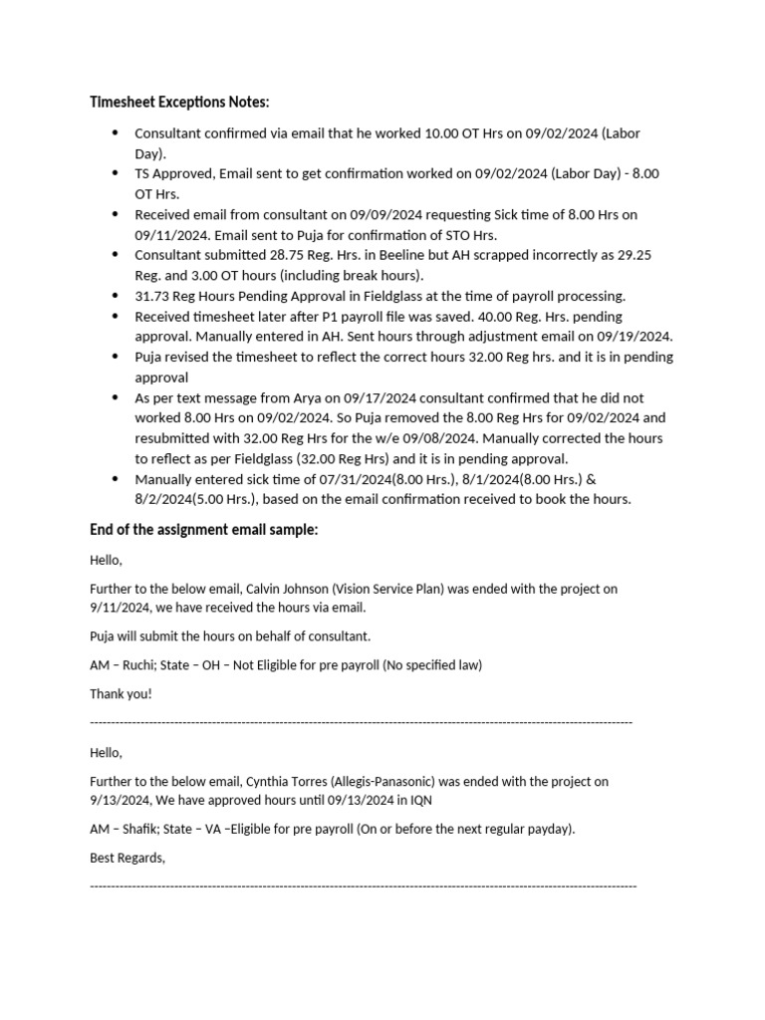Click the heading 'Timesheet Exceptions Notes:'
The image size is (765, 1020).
(179, 103)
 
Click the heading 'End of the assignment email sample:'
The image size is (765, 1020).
(204, 530)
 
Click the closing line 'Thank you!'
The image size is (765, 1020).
(121, 693)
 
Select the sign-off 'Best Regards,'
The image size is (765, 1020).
(127, 858)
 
